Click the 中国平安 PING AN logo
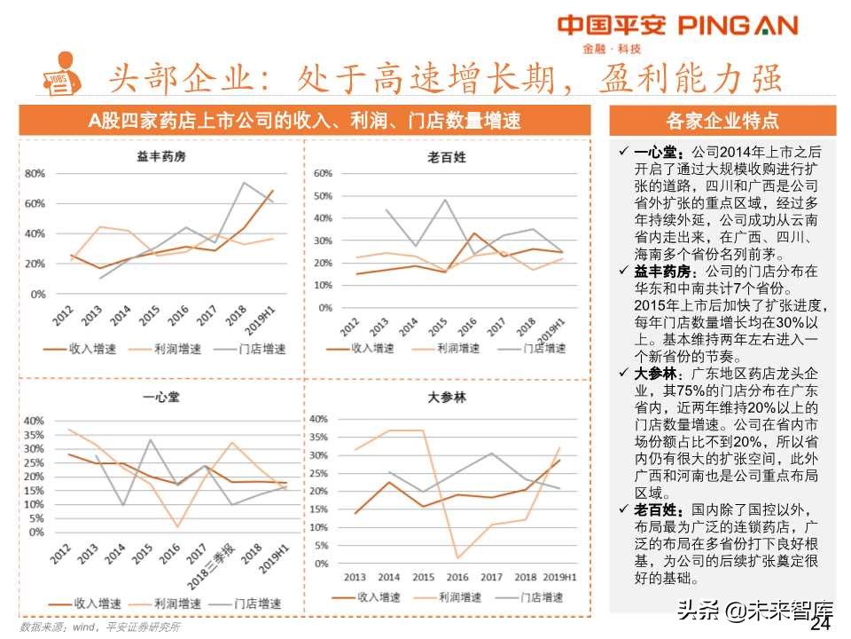677,27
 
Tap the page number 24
822,624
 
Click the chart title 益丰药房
160,157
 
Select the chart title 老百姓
446,157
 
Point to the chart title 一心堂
160,397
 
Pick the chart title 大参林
446,398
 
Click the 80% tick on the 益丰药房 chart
35,173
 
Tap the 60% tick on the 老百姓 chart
322,173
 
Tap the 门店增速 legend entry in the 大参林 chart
542,598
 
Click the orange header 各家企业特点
722,121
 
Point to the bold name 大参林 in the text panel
660,374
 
